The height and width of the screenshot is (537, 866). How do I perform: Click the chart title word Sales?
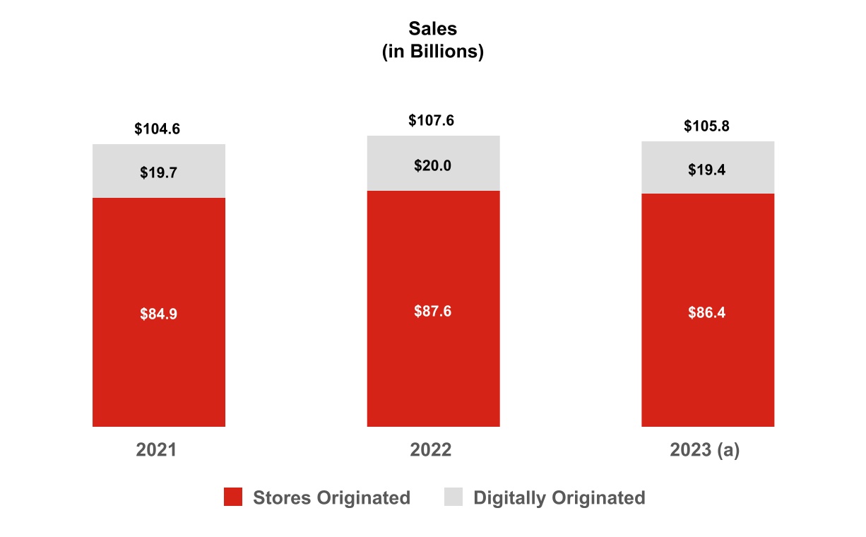432,29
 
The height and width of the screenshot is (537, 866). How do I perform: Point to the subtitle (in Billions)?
432,52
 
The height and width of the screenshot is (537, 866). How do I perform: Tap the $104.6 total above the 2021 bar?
158,129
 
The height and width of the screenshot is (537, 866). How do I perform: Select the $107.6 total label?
432,121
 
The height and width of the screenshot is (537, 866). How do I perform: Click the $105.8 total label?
706,126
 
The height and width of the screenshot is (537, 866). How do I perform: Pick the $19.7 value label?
158,172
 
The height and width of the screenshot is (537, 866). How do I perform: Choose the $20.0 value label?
432,165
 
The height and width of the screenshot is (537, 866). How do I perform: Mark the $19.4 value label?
707,169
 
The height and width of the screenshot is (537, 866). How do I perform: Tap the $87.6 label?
432,311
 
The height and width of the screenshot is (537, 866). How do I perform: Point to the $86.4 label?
707,313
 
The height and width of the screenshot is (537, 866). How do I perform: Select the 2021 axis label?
156,451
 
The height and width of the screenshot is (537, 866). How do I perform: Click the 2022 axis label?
430,451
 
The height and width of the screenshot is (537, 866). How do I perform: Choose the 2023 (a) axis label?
705,451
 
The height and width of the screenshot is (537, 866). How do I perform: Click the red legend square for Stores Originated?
233,497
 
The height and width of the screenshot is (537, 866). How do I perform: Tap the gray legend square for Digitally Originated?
453,497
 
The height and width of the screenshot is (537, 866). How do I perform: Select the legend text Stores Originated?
331,497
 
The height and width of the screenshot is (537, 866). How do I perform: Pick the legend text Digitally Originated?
559,497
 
